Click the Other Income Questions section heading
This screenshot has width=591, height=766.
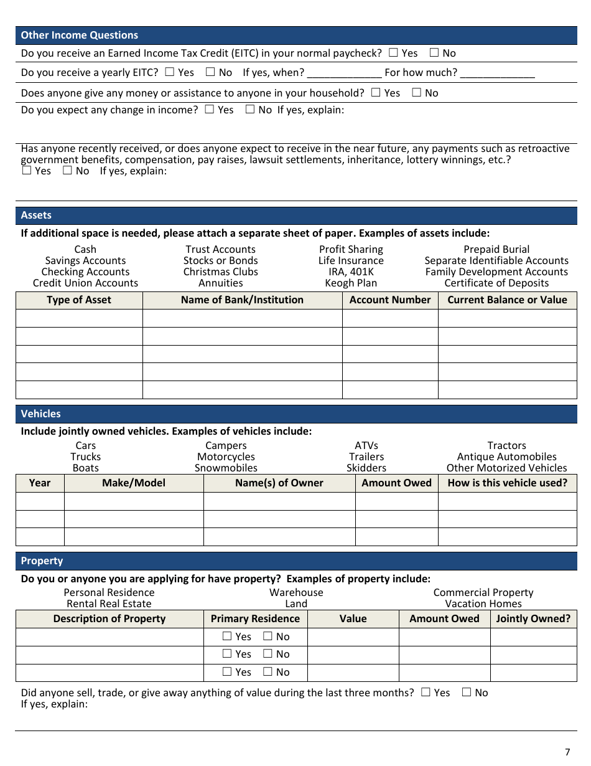[x=80, y=35]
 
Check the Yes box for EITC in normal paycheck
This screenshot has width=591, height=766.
[x=393, y=54]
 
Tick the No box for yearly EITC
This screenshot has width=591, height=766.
[x=210, y=72]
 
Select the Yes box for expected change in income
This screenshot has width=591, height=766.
[x=209, y=110]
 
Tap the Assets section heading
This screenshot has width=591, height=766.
[x=36, y=215]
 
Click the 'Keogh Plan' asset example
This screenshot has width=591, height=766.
[x=351, y=283]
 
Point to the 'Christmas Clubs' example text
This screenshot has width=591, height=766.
[x=220, y=272]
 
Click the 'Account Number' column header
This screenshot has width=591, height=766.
[x=390, y=300]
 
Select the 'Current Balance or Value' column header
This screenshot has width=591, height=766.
[x=507, y=300]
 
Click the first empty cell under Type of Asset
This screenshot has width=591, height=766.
[x=79, y=318]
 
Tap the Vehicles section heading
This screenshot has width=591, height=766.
[x=41, y=414]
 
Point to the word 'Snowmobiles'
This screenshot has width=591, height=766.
[x=226, y=468]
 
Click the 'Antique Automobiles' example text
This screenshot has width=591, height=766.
[x=506, y=457]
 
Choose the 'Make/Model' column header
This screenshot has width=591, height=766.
[x=134, y=483]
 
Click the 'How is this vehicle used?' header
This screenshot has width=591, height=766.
[x=507, y=483]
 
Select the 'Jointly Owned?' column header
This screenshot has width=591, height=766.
[x=533, y=619]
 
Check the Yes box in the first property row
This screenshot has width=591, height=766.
[x=227, y=636]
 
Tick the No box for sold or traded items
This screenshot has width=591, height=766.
[x=467, y=693]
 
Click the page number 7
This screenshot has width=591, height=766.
[x=567, y=752]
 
